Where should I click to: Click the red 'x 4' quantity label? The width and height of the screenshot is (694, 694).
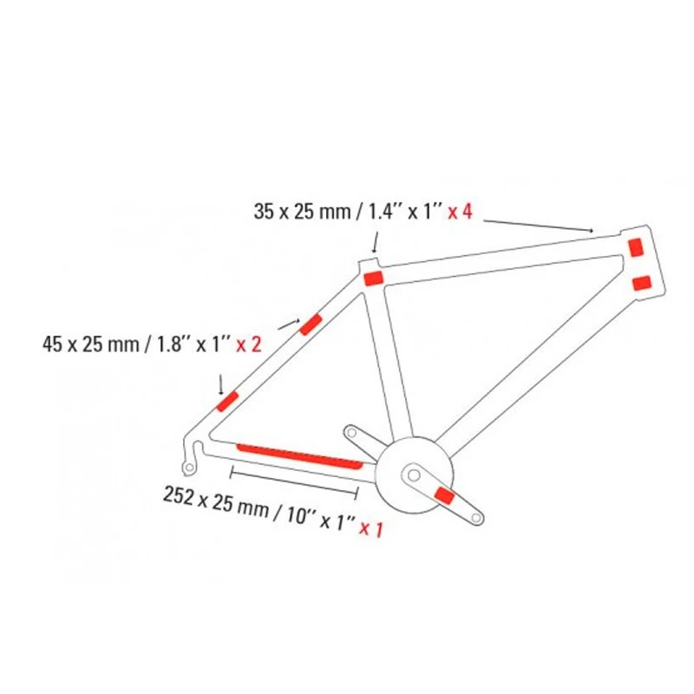[460, 211]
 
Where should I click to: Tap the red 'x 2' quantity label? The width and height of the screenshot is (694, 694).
[249, 344]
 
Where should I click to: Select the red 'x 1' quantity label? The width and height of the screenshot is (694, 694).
[370, 527]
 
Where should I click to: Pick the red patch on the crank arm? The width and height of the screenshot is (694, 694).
[444, 495]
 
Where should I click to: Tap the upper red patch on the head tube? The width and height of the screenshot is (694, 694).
[636, 244]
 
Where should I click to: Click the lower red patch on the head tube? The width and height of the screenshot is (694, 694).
[643, 282]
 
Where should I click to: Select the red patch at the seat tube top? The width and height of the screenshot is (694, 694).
[373, 278]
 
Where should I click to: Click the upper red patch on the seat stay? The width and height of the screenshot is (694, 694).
[310, 324]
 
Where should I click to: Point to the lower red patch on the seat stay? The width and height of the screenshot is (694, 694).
[227, 401]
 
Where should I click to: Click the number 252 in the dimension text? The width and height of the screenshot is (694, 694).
[180, 496]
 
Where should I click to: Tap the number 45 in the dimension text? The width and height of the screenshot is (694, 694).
[51, 344]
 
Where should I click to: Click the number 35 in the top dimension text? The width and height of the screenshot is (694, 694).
[263, 211]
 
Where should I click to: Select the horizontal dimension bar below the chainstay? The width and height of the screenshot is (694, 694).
[294, 474]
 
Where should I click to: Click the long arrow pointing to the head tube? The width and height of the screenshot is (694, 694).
[538, 225]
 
